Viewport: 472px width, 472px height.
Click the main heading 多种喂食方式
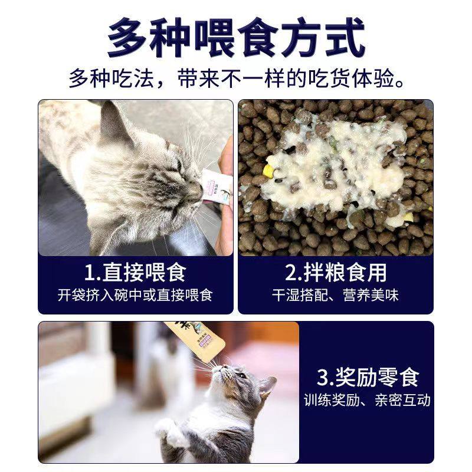[x=236, y=37]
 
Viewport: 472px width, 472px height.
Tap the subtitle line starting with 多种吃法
[x=236, y=78]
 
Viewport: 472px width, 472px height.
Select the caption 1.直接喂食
[x=135, y=273]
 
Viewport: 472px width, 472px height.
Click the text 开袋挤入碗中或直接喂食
[x=135, y=294]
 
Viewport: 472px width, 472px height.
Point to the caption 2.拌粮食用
[x=336, y=273]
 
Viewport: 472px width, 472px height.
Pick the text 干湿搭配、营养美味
[x=336, y=294]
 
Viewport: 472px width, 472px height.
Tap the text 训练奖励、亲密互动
[x=367, y=401]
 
